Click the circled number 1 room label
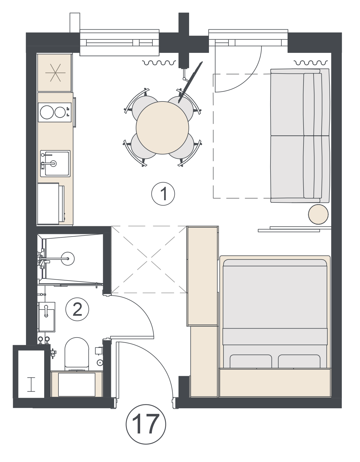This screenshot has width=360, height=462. [163, 194]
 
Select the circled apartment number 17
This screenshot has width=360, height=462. [146, 424]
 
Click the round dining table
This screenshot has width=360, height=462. [163, 128]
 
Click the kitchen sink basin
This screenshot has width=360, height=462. [55, 164]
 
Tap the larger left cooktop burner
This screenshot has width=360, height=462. [47, 112]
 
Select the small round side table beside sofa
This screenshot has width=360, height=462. [318, 214]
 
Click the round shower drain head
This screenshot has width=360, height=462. [68, 259]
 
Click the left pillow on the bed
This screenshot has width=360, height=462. [251, 361]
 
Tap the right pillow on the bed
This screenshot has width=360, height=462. [299, 361]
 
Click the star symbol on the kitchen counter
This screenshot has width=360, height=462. [55, 73]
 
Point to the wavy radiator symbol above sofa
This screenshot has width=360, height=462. [311, 63]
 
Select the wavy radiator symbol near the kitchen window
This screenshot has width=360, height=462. [159, 63]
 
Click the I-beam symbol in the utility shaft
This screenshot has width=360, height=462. [31, 385]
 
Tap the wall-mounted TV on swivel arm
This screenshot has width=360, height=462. [190, 82]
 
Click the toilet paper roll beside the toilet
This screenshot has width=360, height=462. [100, 362]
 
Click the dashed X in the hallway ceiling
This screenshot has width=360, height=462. [149, 259]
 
